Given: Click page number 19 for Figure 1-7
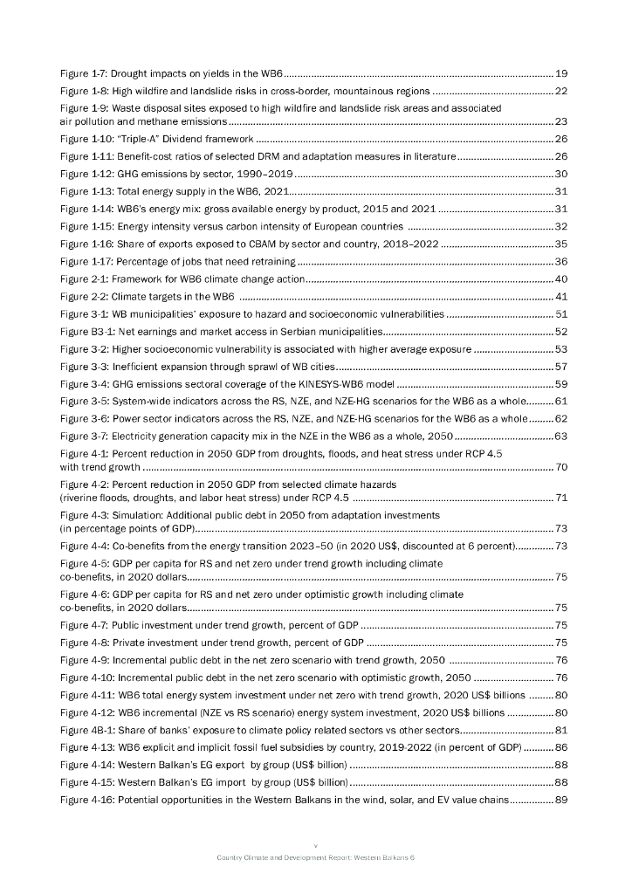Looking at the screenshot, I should pos(562,72).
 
